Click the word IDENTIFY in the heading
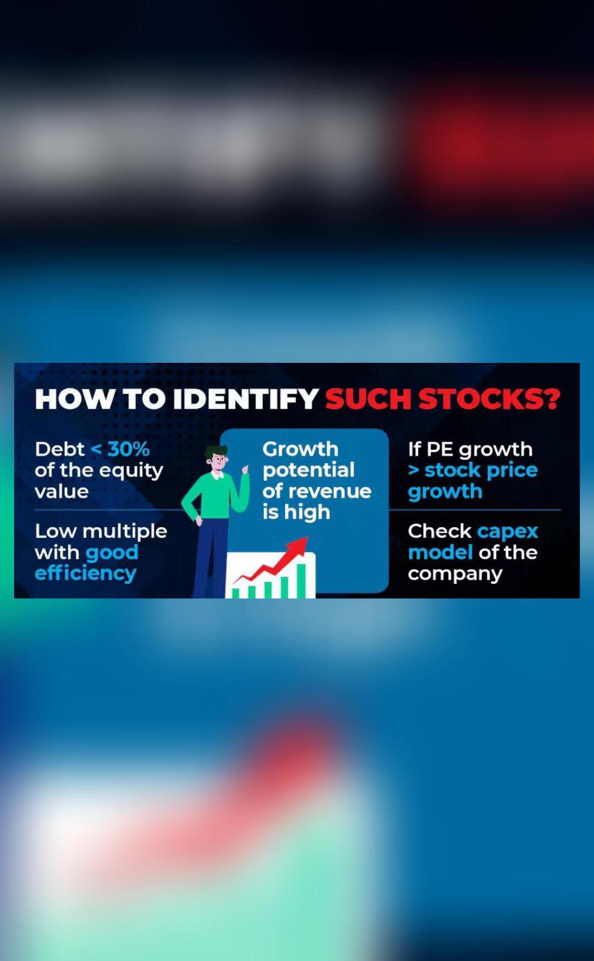click(246, 399)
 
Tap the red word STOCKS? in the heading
click(490, 399)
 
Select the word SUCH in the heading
click(368, 399)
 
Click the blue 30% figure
click(129, 449)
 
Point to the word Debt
click(60, 449)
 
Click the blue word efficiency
click(85, 573)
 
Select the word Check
click(440, 531)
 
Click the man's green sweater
click(213, 495)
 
